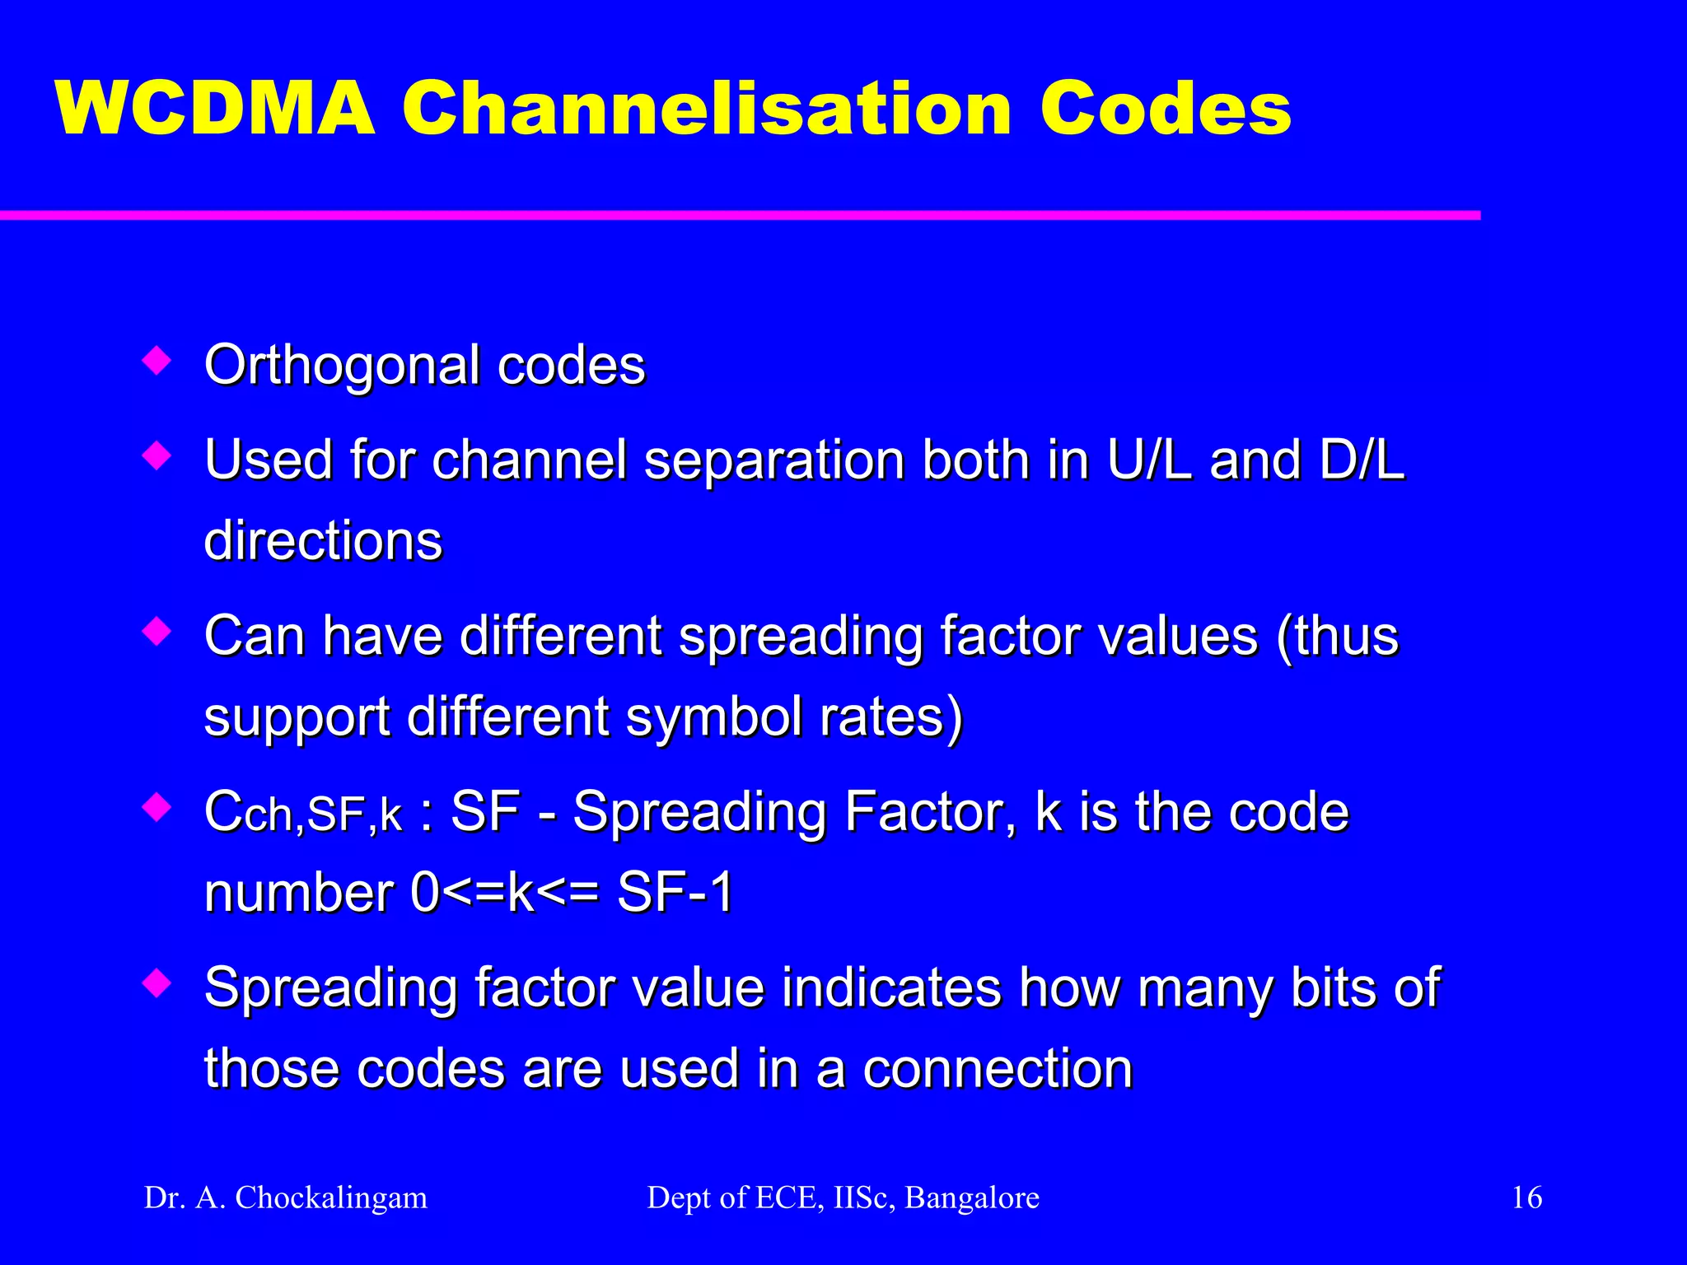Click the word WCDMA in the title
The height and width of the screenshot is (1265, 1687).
(216, 110)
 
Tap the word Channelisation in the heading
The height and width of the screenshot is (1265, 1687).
(707, 110)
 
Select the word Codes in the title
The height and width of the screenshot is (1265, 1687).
(1165, 110)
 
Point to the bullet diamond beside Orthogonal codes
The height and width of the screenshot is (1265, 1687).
(157, 360)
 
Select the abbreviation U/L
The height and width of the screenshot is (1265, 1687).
(1149, 459)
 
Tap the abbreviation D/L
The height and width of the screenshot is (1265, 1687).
(1361, 459)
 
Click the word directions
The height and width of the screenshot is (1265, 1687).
(323, 541)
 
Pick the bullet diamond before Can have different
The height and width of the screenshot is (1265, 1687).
(157, 632)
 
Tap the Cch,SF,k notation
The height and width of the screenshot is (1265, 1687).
(303, 813)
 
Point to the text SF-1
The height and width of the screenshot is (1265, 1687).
(675, 893)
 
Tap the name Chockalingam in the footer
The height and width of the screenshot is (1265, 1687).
(331, 1197)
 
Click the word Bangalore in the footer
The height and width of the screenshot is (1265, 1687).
(972, 1197)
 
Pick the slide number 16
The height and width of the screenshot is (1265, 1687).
(1527, 1197)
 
